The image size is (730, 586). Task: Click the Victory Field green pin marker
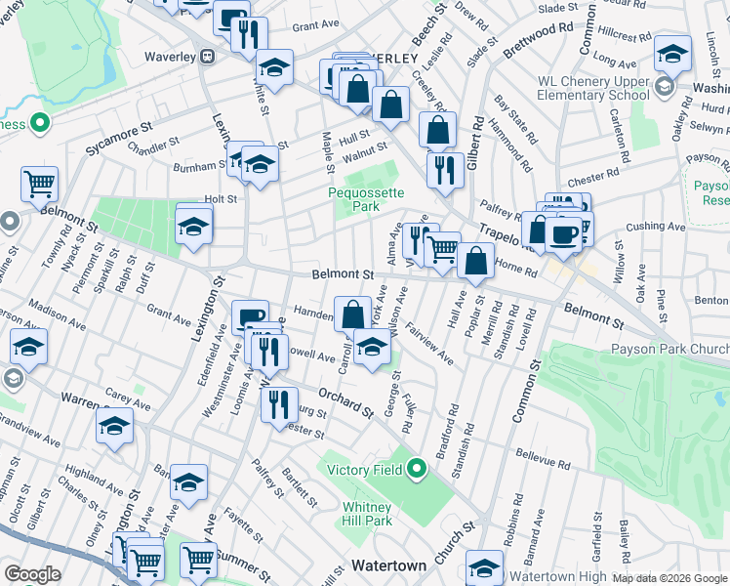pyautogui.click(x=418, y=470)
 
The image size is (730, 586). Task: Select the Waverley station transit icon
pyautogui.click(x=207, y=57)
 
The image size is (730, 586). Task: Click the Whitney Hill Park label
pyautogui.click(x=367, y=514)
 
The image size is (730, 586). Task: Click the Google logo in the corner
pyautogui.click(x=32, y=573)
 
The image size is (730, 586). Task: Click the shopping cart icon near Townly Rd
pyautogui.click(x=39, y=184)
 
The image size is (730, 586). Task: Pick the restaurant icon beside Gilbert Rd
pyautogui.click(x=445, y=169)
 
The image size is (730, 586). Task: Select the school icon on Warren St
pyautogui.click(x=114, y=427)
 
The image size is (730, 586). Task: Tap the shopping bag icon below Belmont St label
pyautogui.click(x=352, y=314)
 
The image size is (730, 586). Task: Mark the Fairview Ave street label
pyautogui.click(x=429, y=344)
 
